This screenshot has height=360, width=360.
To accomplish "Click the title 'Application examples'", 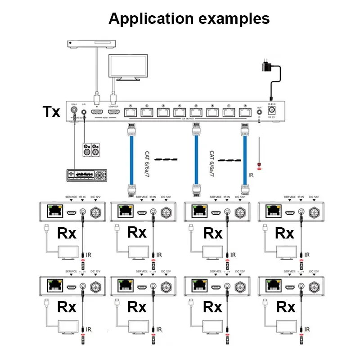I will pos(189,18).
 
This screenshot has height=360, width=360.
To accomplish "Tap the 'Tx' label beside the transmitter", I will pos(51,111).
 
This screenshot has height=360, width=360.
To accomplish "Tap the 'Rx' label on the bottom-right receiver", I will pos(285,307).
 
